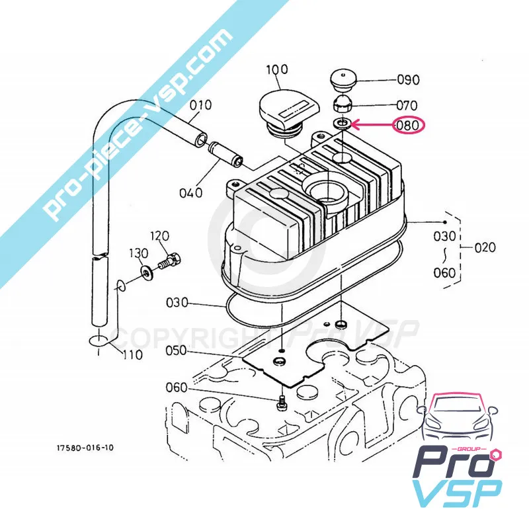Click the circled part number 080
click(407, 126)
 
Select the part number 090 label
click(408, 80)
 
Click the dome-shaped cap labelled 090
click(343, 81)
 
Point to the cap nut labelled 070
click(343, 104)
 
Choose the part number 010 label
click(201, 105)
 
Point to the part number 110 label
click(132, 354)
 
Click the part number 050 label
click(176, 351)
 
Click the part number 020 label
click(485, 247)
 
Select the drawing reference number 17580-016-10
click(85, 448)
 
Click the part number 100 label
click(277, 70)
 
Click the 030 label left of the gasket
click(177, 303)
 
